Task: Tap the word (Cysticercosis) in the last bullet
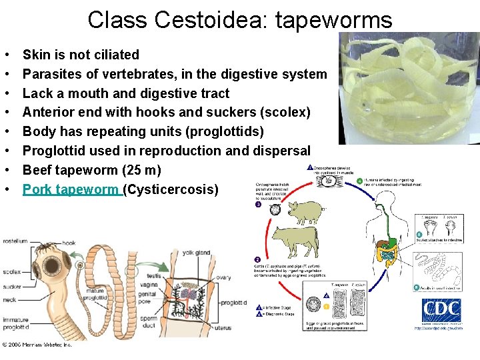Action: pyautogui.click(x=171, y=189)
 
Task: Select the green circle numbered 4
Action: pyautogui.click(x=360, y=181)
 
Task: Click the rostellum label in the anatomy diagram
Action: pyautogui.click(x=14, y=241)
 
